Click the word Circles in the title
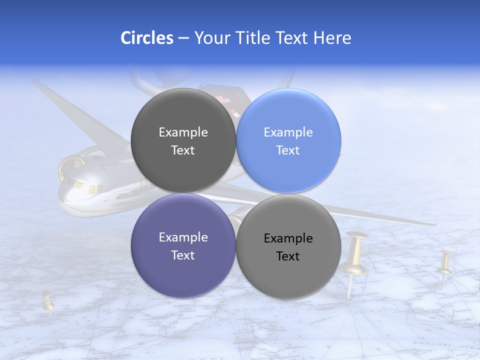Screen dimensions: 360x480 point(147,38)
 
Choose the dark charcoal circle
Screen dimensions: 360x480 point(183,140)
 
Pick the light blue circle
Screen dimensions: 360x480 point(288,140)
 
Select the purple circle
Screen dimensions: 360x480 point(183,245)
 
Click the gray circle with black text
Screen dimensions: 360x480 point(288,246)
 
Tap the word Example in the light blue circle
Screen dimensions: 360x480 point(288,132)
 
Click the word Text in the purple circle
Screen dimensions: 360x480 point(183,255)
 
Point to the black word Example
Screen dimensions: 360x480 point(288,238)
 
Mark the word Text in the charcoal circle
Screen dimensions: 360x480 point(183,150)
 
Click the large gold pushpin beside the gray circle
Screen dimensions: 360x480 point(356,255)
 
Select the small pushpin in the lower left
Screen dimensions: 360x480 point(48,301)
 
